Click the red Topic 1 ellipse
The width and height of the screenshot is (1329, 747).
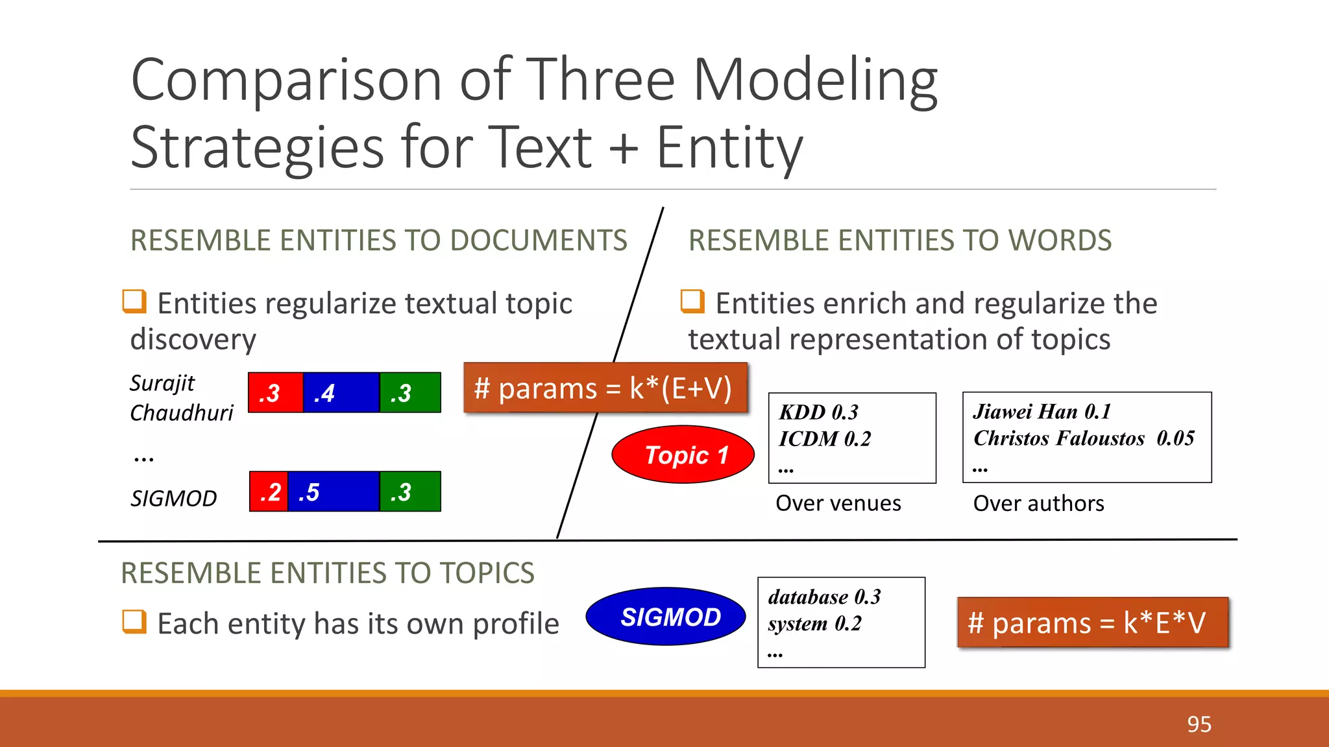click(683, 455)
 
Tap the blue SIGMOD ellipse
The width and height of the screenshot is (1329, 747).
click(666, 617)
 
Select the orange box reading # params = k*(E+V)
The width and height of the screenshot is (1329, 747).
click(605, 388)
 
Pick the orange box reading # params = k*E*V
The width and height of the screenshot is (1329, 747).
click(1093, 623)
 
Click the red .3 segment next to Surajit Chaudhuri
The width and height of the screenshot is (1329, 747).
click(275, 393)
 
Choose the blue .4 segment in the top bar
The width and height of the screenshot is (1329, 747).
click(341, 393)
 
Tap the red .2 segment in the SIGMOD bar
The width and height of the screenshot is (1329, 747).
click(269, 492)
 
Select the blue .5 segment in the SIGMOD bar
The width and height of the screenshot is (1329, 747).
click(333, 492)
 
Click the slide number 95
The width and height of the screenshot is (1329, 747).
click(1199, 724)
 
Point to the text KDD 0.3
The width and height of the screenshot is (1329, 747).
click(818, 412)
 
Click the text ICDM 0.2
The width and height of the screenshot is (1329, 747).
click(824, 439)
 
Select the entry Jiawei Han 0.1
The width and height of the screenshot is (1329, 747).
click(1042, 412)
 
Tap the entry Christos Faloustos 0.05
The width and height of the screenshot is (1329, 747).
click(1083, 438)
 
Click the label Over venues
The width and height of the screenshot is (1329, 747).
click(838, 503)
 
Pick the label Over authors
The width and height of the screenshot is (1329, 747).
click(1038, 503)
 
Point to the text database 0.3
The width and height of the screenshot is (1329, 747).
click(824, 597)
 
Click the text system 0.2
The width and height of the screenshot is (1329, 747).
click(814, 624)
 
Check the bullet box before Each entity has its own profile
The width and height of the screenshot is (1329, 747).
click(134, 622)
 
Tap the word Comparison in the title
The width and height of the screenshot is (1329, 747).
click(286, 80)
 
